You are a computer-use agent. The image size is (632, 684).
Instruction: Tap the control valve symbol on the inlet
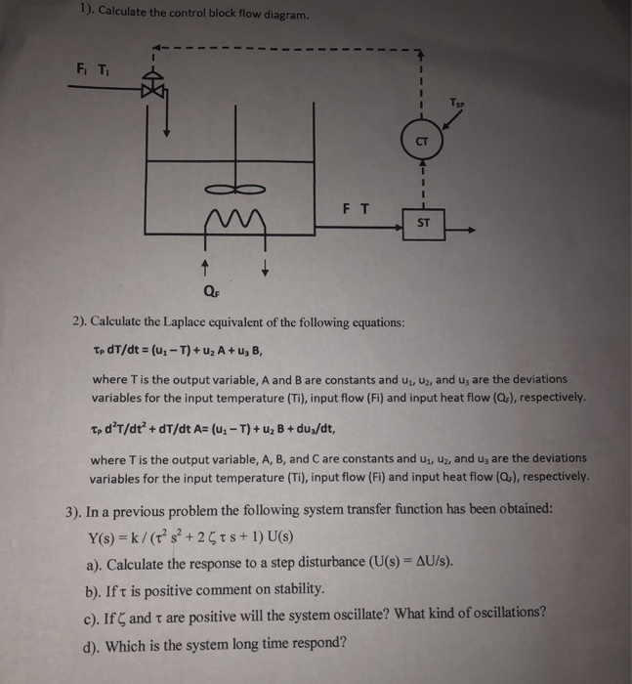click(152, 89)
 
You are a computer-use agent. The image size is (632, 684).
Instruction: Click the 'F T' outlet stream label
click(356, 207)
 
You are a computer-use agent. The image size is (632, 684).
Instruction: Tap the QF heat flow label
click(209, 290)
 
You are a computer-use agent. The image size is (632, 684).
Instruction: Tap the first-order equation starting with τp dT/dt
click(176, 351)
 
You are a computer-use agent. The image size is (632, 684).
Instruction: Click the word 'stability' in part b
click(294, 590)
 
